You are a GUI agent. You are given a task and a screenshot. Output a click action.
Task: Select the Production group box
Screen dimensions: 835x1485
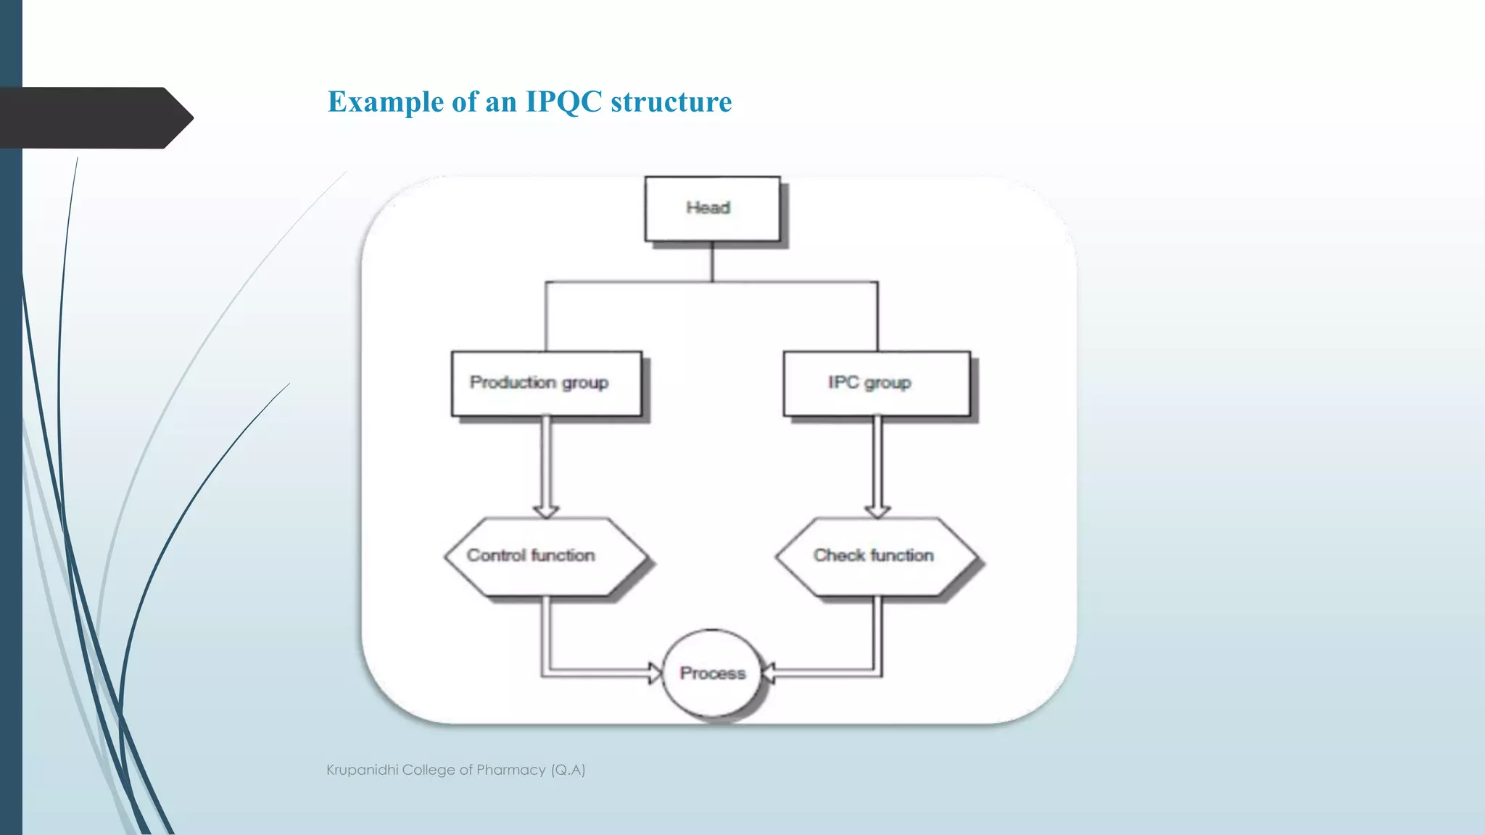tap(546, 383)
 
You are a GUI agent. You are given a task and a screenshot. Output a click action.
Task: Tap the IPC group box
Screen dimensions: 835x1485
tap(876, 383)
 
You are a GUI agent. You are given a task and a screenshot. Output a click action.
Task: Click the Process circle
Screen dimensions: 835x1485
tap(712, 673)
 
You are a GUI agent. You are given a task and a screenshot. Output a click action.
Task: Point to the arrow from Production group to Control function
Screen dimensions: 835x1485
tap(546, 468)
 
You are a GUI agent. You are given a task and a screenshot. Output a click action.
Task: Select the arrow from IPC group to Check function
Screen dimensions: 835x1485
tap(877, 468)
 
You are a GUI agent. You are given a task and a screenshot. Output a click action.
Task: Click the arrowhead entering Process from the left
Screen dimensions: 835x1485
tap(655, 673)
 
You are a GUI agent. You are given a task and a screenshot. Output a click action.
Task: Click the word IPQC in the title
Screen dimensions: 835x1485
tap(563, 101)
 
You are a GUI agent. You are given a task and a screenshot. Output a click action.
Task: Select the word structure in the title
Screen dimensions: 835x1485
tap(671, 101)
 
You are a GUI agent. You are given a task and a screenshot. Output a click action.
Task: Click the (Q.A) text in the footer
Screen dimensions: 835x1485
tap(568, 770)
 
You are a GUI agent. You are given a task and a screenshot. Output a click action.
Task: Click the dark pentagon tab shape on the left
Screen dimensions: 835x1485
tap(94, 117)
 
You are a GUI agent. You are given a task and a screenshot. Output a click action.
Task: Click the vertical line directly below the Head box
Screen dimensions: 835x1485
tap(712, 262)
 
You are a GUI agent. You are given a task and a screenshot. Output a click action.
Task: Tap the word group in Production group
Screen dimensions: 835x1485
tap(584, 383)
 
